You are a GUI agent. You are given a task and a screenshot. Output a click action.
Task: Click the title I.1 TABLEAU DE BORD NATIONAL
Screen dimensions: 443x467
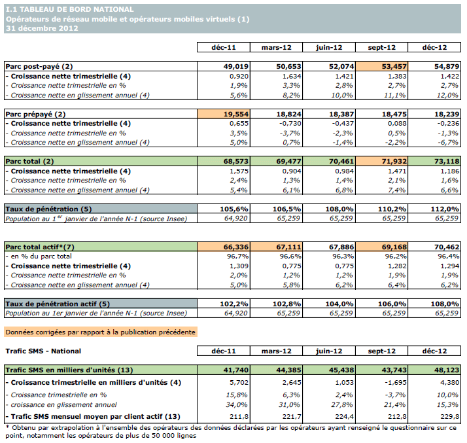coord(70,9)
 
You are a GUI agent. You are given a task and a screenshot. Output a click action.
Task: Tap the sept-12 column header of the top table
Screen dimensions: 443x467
coord(381,48)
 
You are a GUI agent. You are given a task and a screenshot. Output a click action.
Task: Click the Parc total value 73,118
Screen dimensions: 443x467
coord(434,161)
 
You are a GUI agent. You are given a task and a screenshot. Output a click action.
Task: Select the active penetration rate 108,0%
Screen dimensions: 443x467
coord(435,304)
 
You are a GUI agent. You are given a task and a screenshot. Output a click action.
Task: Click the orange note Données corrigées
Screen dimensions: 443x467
coord(100,332)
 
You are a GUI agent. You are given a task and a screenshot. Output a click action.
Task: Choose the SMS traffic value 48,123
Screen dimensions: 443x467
coord(434,370)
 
